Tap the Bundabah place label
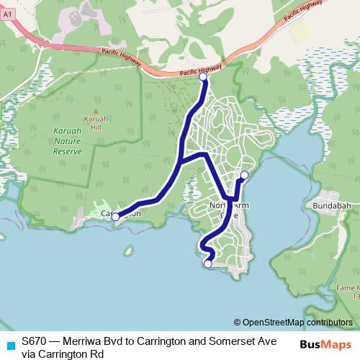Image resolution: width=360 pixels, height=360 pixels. [x=331, y=205]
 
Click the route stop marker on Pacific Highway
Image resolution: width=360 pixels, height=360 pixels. [x=202, y=76]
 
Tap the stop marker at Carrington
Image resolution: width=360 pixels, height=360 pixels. [x=115, y=216]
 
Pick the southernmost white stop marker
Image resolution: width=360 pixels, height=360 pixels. [x=208, y=264]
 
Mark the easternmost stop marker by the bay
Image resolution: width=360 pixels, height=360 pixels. [x=244, y=175]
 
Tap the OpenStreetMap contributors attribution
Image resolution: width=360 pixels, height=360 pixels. [x=297, y=323]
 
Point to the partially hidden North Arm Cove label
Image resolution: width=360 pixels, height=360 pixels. [x=228, y=210]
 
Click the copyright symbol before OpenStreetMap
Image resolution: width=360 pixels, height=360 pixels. [x=237, y=323]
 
